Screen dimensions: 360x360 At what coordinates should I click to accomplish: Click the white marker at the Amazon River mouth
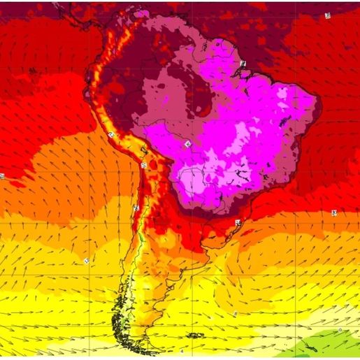(243, 64)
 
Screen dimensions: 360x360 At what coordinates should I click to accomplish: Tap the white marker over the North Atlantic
(328, 15)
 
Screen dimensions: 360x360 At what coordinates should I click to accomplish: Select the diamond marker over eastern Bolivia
(187, 144)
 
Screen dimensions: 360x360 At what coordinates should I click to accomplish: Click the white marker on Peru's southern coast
(111, 134)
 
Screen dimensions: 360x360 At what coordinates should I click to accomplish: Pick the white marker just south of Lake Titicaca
(144, 166)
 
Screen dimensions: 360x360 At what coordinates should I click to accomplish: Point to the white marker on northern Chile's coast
(136, 208)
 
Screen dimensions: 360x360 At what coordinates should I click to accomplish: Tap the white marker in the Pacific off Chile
(86, 260)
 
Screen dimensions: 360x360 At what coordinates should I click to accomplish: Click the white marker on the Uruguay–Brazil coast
(238, 222)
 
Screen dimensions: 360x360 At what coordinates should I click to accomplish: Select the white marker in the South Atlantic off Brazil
(334, 213)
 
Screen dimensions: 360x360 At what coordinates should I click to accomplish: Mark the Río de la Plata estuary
(209, 244)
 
